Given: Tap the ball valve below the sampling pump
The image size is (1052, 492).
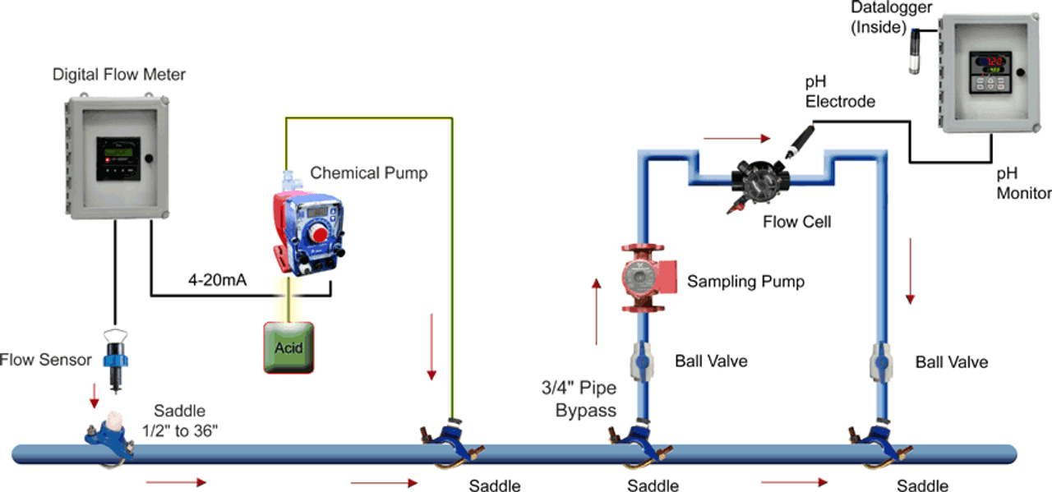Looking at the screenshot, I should point(643,361).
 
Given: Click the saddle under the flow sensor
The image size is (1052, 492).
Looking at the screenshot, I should point(106,436).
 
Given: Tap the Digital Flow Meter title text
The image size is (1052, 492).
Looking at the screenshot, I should point(119,75).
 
